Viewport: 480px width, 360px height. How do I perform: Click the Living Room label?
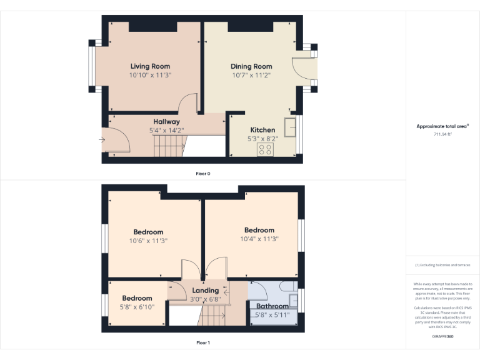tap(150, 66)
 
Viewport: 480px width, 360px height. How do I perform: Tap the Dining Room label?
tap(251, 66)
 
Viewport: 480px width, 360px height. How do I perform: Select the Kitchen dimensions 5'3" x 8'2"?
tap(262, 139)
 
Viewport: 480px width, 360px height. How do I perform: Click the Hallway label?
tap(166, 121)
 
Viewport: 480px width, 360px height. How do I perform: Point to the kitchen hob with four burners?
tap(264, 150)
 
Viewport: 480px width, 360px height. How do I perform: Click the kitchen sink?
tap(290, 126)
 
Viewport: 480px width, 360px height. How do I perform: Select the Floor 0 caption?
tap(202, 173)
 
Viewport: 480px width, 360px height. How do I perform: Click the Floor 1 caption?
tap(202, 342)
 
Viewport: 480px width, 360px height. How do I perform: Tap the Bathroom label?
tap(272, 306)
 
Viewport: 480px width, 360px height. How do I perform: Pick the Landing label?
tap(205, 291)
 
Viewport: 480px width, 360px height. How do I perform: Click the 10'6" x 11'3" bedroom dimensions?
tap(148, 241)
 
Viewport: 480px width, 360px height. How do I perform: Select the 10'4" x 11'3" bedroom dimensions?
tap(259, 238)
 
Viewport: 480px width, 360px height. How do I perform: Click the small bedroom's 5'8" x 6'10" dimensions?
tap(137, 306)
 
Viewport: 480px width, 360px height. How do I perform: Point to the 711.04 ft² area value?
tap(442, 134)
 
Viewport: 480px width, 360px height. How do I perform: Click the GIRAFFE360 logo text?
tap(442, 336)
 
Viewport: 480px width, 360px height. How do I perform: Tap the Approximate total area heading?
tap(442, 126)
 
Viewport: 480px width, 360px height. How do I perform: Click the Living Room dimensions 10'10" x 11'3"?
tap(150, 75)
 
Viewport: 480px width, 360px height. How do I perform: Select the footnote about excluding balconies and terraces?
tap(442, 265)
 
